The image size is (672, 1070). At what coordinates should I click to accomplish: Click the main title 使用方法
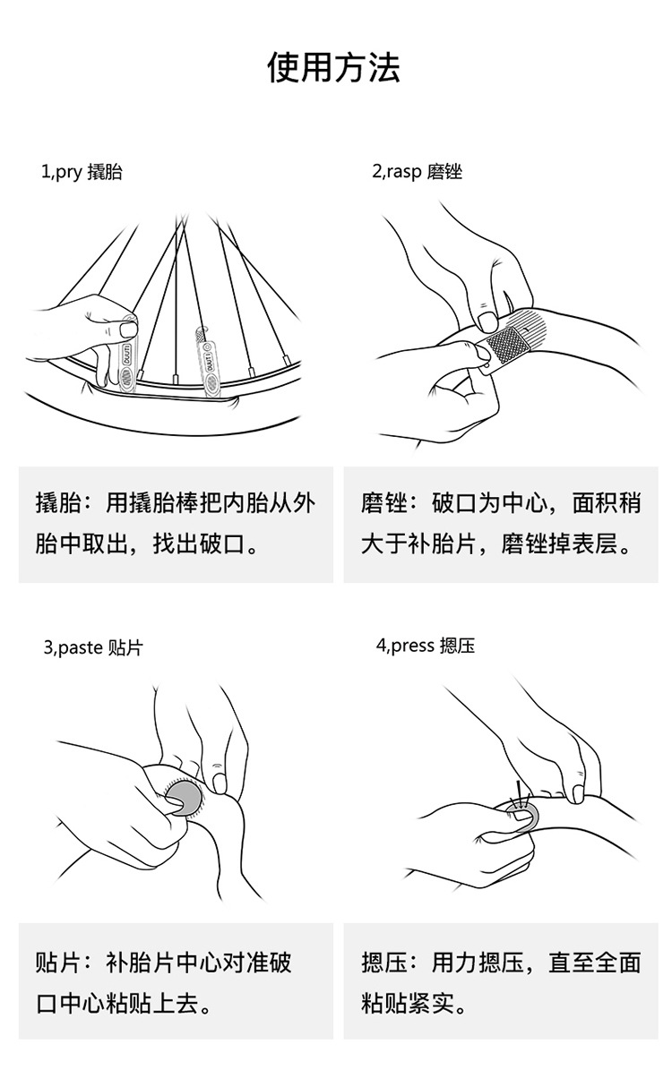[x=335, y=68]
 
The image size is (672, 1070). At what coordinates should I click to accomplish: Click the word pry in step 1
[x=67, y=172]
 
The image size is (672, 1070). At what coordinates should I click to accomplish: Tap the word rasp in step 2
[x=404, y=172]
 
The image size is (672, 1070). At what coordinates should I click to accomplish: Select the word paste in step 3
[x=80, y=646]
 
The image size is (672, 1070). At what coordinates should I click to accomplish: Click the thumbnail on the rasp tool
[x=487, y=320]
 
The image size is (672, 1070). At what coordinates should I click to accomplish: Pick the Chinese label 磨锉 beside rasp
[x=444, y=172]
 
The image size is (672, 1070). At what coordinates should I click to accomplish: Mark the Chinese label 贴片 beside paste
[x=125, y=646]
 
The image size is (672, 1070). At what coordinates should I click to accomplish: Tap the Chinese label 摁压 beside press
[x=457, y=646]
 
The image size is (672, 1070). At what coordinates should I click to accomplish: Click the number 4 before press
[x=381, y=646]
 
